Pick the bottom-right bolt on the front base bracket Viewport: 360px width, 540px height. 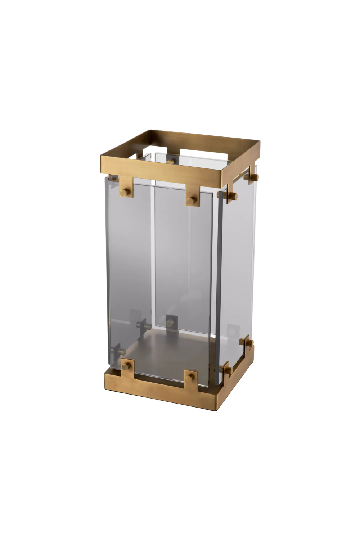[x=191, y=377]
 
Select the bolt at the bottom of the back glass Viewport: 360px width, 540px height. [x=170, y=321]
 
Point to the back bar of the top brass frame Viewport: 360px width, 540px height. [x=202, y=139]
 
